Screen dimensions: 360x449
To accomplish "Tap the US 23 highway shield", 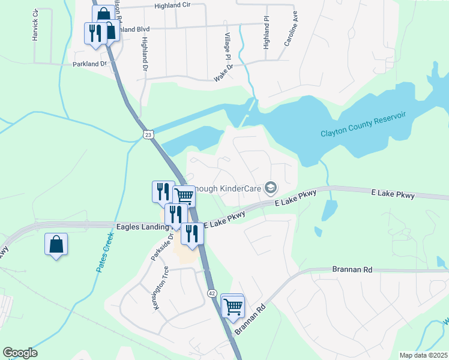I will pyautogui.click(x=148, y=135).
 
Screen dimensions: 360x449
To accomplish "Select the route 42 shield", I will pyautogui.click(x=212, y=293).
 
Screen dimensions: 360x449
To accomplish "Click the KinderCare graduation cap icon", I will pyautogui.click(x=271, y=188).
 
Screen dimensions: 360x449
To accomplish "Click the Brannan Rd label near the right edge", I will pyautogui.click(x=352, y=270).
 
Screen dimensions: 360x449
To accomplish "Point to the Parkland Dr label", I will pyautogui.click(x=89, y=63).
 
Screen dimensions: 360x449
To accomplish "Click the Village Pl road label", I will pyautogui.click(x=228, y=47).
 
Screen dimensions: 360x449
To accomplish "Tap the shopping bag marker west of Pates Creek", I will pyautogui.click(x=56, y=245).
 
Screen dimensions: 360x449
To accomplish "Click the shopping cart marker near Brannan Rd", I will pyautogui.click(x=232, y=306).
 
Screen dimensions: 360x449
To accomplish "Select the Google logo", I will pyautogui.click(x=20, y=353).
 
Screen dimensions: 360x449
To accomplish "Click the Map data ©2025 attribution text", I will pyautogui.click(x=423, y=355).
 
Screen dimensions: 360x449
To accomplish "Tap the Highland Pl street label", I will pyautogui.click(x=267, y=32).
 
